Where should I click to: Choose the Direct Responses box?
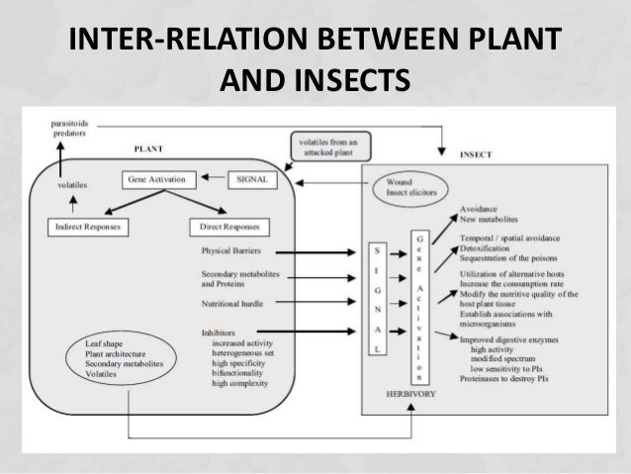coord(229,227)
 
